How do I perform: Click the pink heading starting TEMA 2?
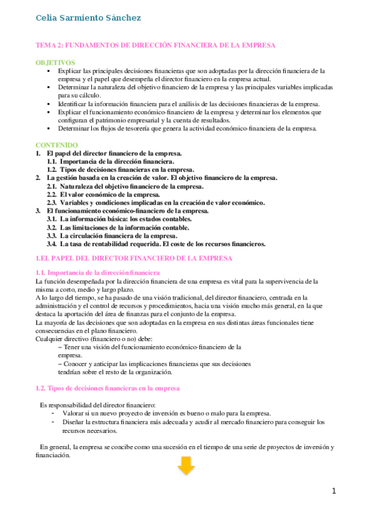pyautogui.click(x=155, y=45)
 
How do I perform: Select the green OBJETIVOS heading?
pyautogui.click(x=55, y=63)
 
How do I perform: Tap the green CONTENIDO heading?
pyautogui.click(x=57, y=145)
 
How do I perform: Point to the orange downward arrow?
pyautogui.click(x=186, y=465)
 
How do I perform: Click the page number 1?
pyautogui.click(x=334, y=491)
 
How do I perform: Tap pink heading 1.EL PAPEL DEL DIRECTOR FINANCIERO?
pyautogui.click(x=134, y=257)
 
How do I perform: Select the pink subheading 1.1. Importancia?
pyautogui.click(x=98, y=273)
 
